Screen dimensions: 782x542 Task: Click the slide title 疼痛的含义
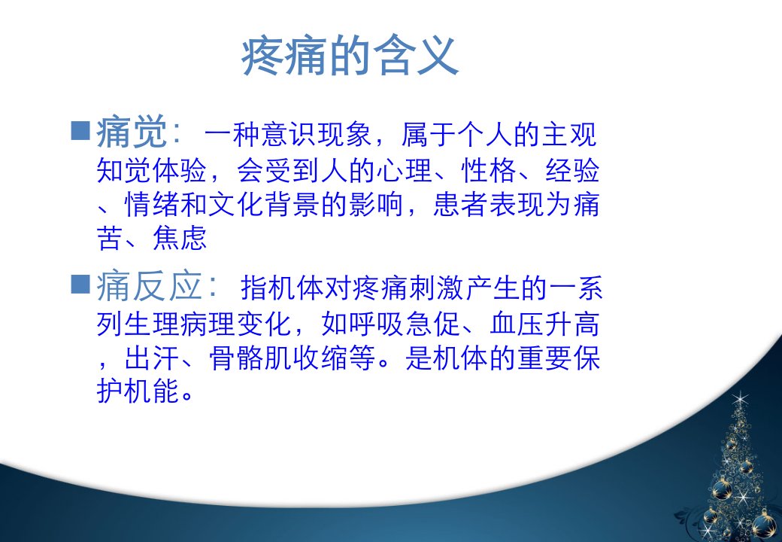tap(350, 56)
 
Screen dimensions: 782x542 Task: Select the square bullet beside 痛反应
tap(80, 284)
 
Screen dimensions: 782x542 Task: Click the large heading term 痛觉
tap(132, 132)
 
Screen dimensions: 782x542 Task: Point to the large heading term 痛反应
tap(149, 287)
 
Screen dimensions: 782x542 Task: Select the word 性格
tap(489, 170)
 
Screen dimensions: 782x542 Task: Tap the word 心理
tap(405, 170)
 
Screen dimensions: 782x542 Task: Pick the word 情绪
tap(152, 205)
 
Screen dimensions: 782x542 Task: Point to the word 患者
tap(461, 205)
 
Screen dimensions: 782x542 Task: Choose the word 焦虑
tap(180, 238)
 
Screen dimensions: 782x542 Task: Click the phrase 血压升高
tap(544, 324)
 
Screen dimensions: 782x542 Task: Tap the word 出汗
tap(152, 358)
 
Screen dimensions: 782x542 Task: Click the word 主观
tap(569, 135)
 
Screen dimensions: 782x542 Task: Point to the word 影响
tap(376, 205)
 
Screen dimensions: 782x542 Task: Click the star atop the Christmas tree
tap(740, 400)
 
